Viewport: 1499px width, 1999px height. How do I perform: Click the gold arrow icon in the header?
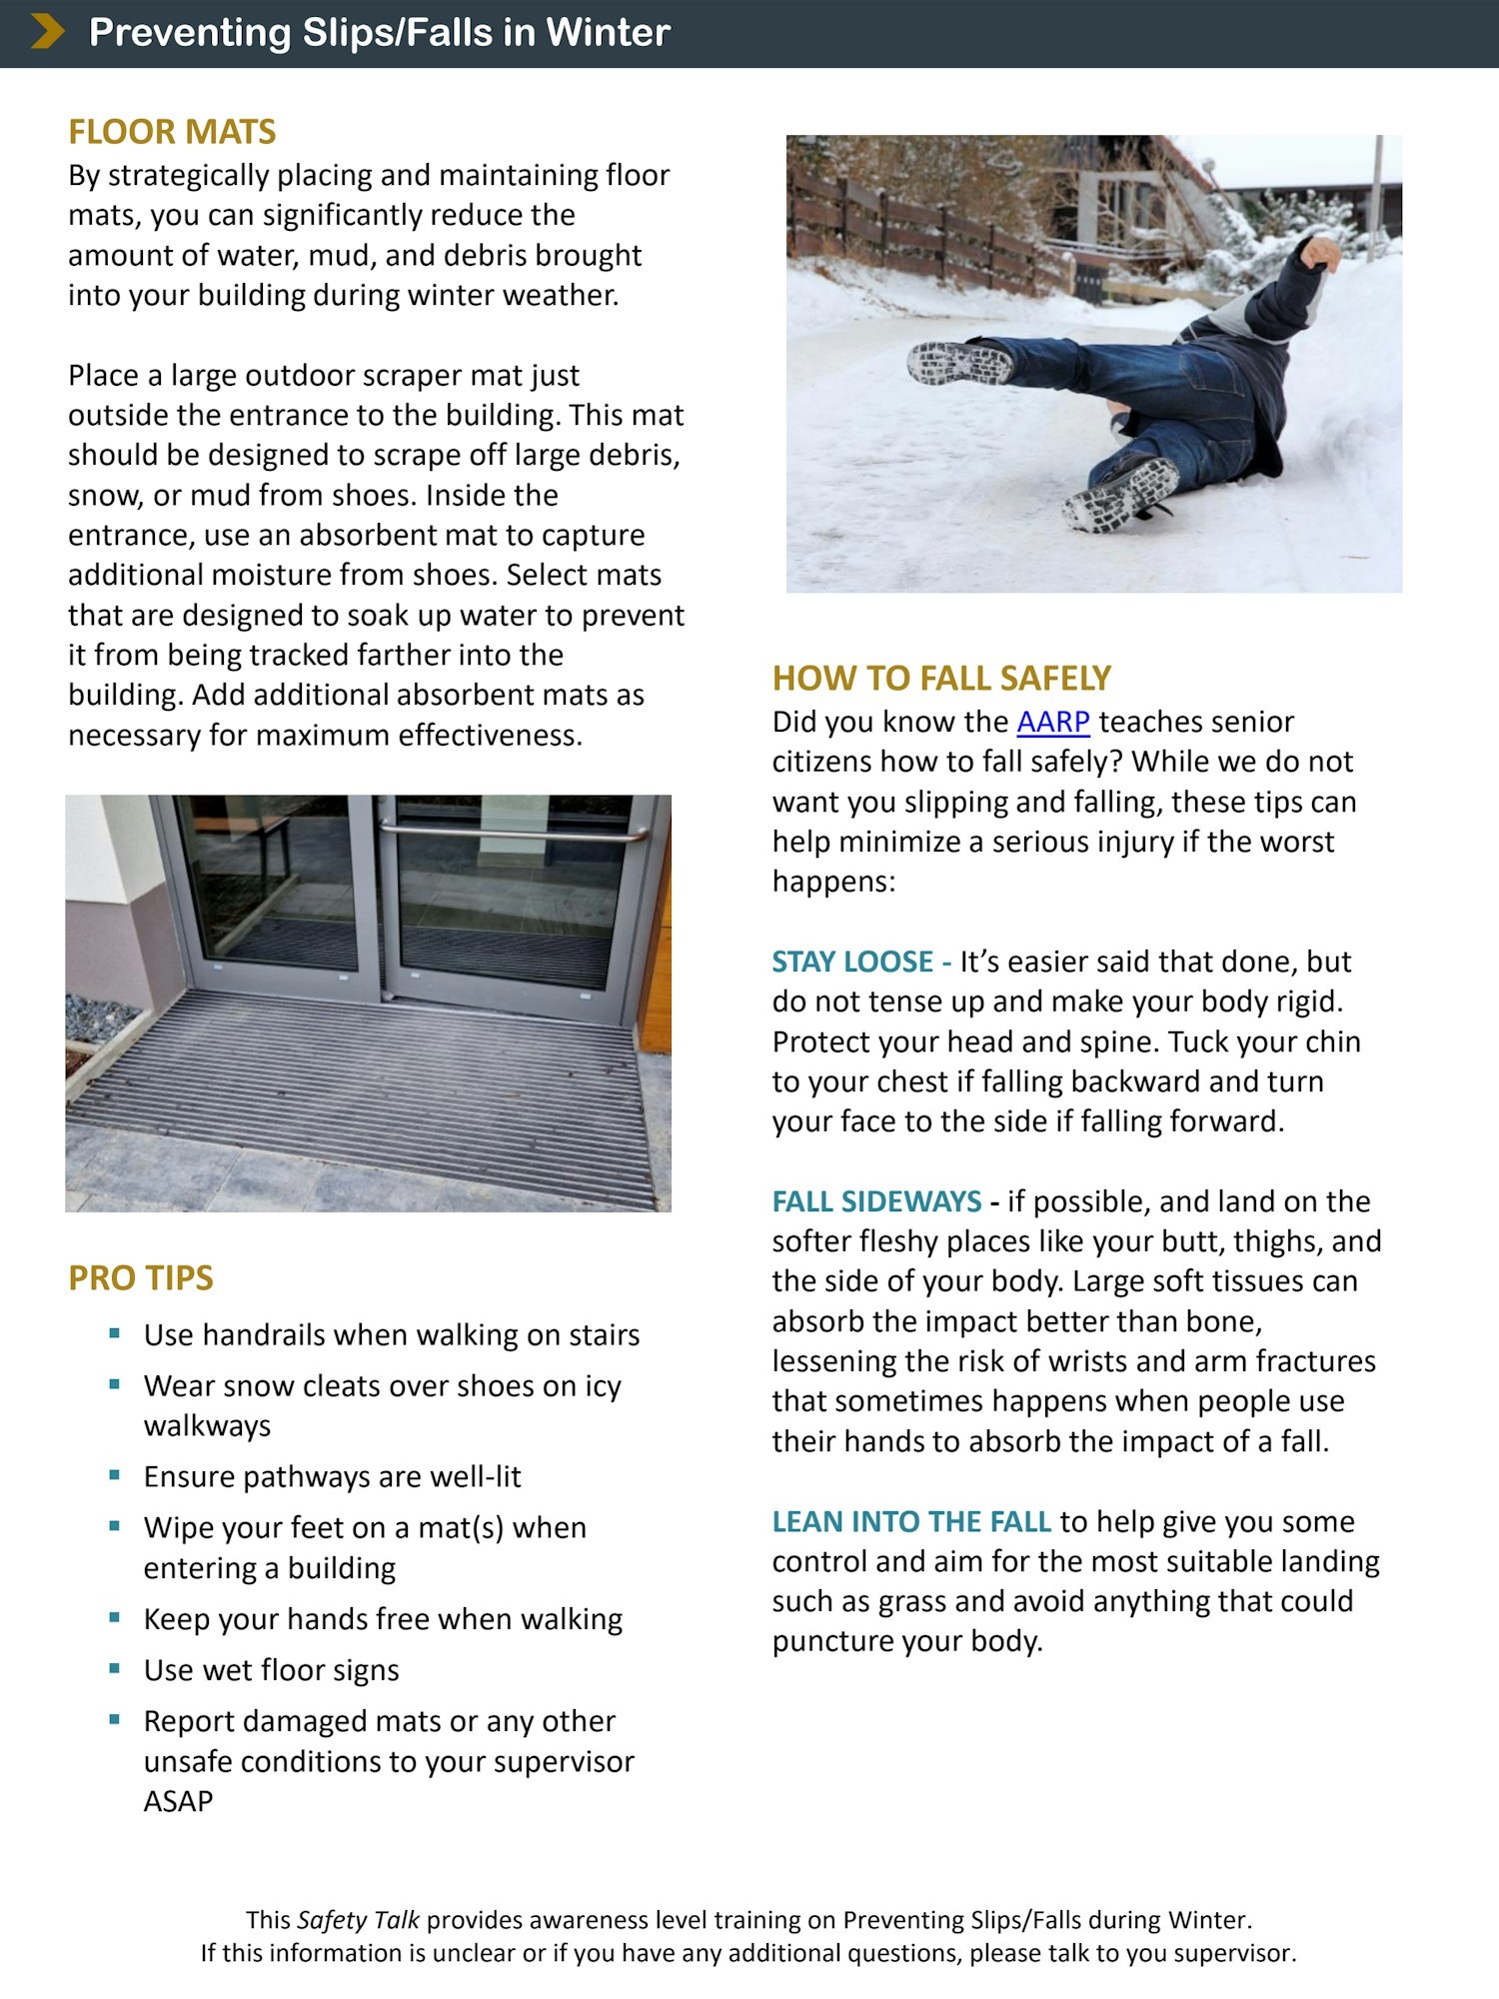coord(47,32)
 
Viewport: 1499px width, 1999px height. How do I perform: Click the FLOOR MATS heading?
coord(172,132)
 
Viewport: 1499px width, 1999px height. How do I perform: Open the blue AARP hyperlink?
coord(1052,722)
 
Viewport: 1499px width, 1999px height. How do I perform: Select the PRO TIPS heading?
coord(141,1277)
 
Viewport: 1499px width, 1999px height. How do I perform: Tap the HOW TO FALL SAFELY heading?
coord(941,679)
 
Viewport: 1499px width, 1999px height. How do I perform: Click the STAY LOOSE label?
coord(852,962)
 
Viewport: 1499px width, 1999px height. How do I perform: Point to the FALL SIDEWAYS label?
coord(876,1201)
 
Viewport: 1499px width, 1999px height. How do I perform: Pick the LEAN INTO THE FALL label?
coord(911,1521)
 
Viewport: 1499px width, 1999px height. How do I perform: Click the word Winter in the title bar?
coord(607,33)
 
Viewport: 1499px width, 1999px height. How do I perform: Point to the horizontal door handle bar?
coord(510,833)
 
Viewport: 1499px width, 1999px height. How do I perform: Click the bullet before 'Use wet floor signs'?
coord(115,1668)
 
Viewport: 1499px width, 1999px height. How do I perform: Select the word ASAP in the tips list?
coord(178,1801)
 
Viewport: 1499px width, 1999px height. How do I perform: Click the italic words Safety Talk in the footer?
coord(358,1920)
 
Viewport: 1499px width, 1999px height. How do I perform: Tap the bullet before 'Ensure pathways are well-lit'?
coord(115,1474)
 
